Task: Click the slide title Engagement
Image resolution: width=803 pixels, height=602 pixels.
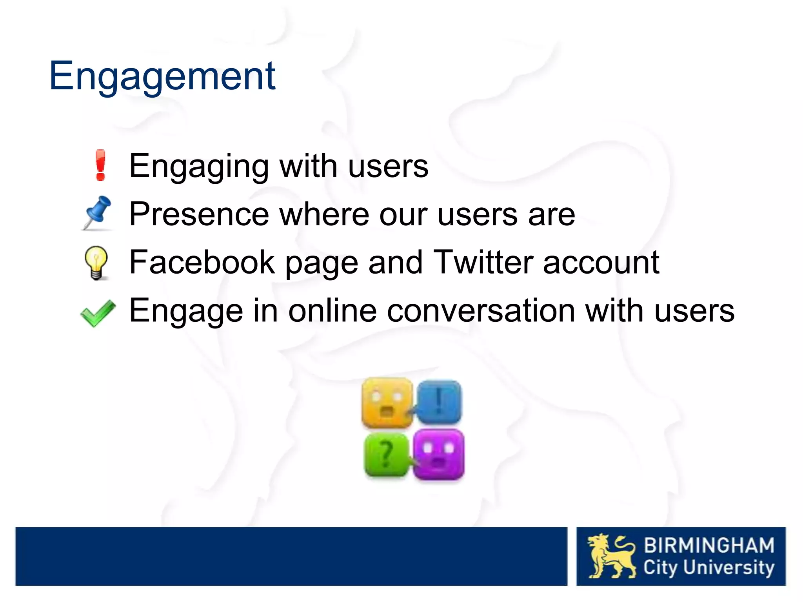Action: click(x=162, y=76)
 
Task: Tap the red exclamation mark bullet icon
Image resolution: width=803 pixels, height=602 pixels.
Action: click(x=100, y=165)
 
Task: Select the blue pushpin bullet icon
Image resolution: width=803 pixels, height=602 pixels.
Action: click(x=97, y=212)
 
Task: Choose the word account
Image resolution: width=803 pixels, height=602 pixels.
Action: click(x=601, y=263)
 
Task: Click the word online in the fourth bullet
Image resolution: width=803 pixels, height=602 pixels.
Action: click(x=332, y=310)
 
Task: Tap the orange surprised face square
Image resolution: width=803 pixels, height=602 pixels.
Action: click(x=387, y=403)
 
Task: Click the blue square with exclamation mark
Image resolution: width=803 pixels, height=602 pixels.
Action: click(x=439, y=402)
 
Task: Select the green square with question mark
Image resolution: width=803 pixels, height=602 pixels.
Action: click(x=386, y=455)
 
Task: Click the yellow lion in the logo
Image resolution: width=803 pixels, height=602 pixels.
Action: click(x=611, y=556)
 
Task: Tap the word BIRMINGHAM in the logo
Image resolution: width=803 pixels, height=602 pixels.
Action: click(x=709, y=546)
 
